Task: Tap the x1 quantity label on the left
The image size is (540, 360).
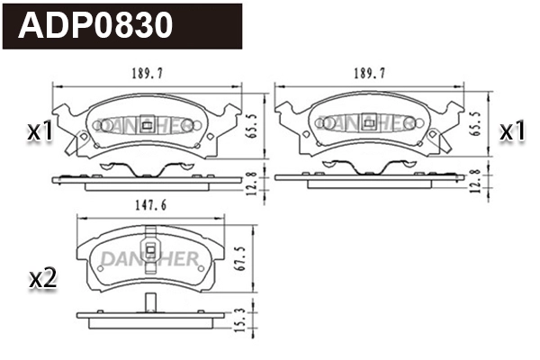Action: click(x=40, y=131)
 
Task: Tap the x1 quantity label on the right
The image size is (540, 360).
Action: click(x=512, y=131)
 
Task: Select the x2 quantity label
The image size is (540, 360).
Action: click(x=42, y=279)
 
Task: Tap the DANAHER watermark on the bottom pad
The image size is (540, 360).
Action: click(x=148, y=259)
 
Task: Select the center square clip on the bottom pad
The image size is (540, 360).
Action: click(x=150, y=254)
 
